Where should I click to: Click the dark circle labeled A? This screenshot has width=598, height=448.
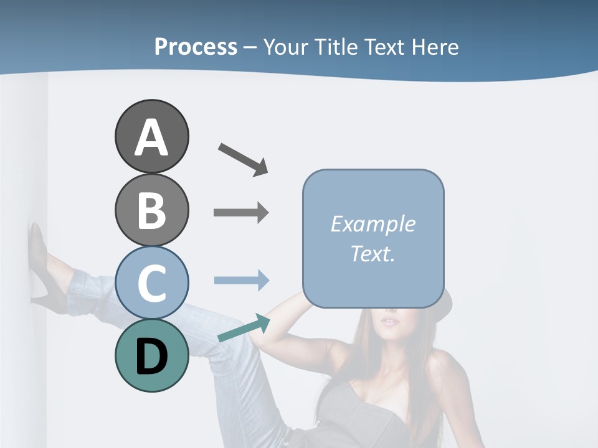tap(151, 137)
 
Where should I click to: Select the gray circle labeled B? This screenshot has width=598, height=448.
tap(151, 210)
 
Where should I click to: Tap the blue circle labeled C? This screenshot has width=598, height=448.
tap(151, 282)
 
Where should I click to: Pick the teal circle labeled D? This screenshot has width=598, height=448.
tap(151, 355)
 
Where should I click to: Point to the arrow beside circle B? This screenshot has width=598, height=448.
tap(241, 213)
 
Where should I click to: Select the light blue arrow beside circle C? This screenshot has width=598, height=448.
tap(241, 280)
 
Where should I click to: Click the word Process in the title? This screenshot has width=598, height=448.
tap(196, 47)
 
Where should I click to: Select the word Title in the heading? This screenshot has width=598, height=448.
tap(336, 47)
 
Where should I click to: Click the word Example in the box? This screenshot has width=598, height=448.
tap(373, 224)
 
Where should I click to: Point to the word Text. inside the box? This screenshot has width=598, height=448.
tap(373, 253)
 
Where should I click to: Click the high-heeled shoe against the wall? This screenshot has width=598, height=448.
tap(40, 261)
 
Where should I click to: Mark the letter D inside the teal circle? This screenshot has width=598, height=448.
tap(151, 357)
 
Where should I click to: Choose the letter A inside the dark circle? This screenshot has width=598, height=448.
tap(151, 138)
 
